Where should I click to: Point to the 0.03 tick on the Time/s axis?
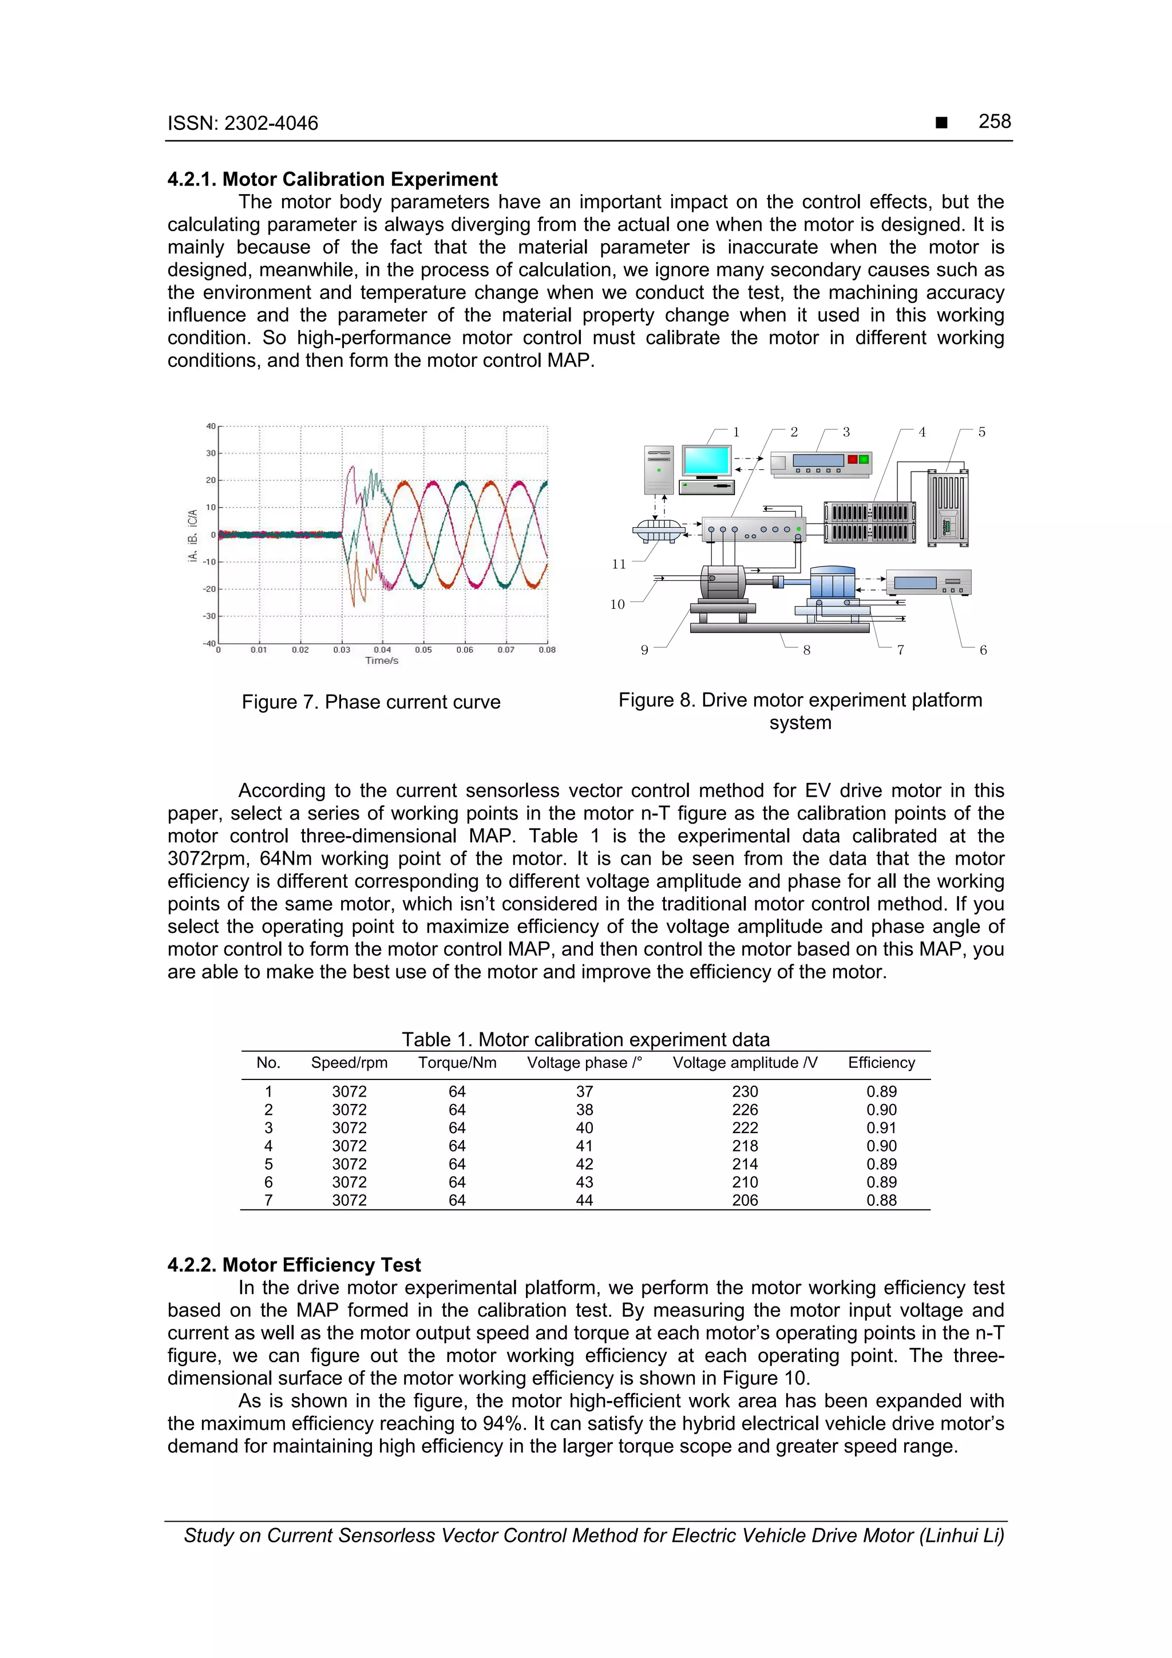pos(342,650)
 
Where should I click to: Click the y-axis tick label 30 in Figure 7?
pos(211,453)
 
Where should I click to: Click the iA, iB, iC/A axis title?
pos(193,536)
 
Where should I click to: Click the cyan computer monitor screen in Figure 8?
pos(706,460)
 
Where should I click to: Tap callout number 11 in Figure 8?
pos(619,564)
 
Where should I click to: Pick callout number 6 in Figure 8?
pos(983,650)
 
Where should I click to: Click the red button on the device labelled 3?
pos(852,459)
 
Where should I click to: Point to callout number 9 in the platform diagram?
pos(645,650)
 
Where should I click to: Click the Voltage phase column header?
pos(584,1062)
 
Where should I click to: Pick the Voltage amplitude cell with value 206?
pos(745,1200)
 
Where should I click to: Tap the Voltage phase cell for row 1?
pos(584,1092)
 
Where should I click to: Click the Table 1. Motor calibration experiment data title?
pos(585,1039)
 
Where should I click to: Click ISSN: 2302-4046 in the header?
pos(243,124)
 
